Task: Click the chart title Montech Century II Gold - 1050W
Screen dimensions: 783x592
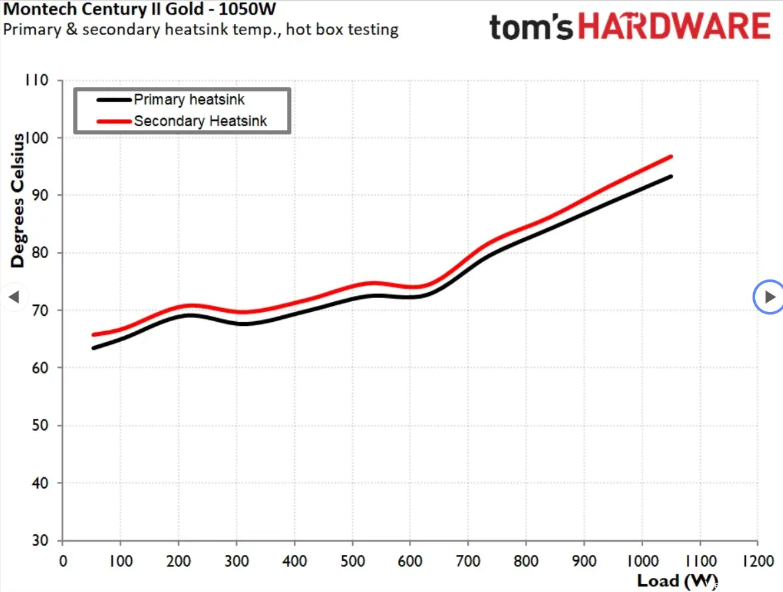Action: click(x=139, y=9)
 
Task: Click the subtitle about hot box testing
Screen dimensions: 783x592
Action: click(x=201, y=29)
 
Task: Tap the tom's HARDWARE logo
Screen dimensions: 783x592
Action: click(x=630, y=27)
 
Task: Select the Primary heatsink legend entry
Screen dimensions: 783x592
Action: click(x=171, y=100)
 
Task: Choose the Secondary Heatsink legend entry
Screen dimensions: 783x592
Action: click(x=182, y=121)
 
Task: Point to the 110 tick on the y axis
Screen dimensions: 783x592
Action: click(x=36, y=80)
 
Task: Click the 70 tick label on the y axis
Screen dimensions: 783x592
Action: click(x=40, y=310)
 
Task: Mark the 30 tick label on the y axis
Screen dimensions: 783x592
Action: click(x=40, y=540)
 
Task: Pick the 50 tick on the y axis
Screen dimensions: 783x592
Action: click(x=40, y=425)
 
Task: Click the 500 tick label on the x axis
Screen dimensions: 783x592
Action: click(x=353, y=561)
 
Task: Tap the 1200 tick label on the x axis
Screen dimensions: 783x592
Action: click(x=758, y=561)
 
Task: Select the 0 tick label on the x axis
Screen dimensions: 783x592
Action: click(x=63, y=561)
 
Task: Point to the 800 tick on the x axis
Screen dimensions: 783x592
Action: click(x=526, y=561)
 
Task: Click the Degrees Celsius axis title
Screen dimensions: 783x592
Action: click(x=17, y=200)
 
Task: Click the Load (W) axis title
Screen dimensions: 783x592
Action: click(x=677, y=581)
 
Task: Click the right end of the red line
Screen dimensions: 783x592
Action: click(x=671, y=157)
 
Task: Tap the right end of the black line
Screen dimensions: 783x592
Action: click(x=671, y=177)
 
